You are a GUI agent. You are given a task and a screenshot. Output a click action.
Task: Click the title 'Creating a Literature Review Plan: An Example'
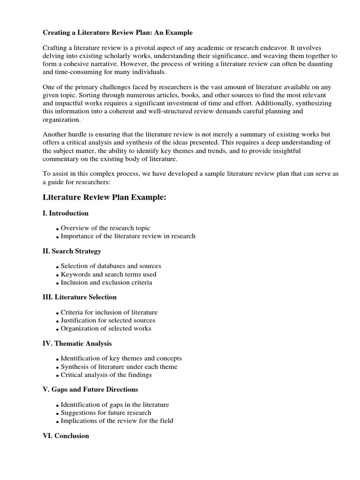click(118, 33)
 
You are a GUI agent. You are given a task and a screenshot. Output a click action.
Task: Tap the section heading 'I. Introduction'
click(66, 213)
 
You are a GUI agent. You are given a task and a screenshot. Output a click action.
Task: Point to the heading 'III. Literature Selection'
click(80, 297)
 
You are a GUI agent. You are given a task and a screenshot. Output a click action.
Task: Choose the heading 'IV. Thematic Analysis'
click(77, 344)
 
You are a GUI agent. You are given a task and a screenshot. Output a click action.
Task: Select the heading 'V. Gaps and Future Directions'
click(90, 390)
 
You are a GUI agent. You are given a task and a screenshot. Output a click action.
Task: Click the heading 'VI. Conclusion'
click(66, 436)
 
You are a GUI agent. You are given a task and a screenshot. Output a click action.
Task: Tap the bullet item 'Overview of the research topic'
click(105, 228)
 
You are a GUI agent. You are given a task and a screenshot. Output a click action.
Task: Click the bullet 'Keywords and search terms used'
click(109, 274)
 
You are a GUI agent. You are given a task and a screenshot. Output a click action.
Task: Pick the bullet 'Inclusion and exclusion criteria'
click(106, 283)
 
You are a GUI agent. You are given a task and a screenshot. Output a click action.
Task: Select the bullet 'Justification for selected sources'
click(108, 321)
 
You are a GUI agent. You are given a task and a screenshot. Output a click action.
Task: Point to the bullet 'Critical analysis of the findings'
click(106, 375)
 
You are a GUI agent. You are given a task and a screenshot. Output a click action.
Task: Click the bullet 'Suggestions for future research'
click(106, 413)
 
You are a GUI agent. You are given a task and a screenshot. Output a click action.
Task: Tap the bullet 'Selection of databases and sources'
click(111, 266)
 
